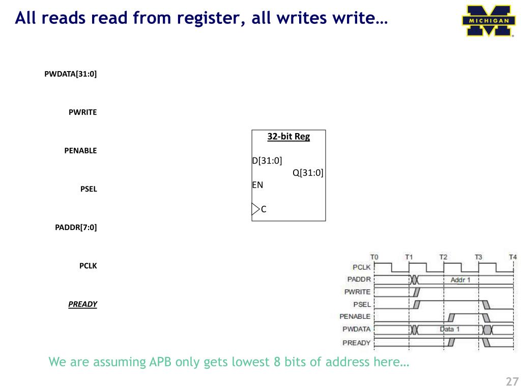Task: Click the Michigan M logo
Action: (487, 21)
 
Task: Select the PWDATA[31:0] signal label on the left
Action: (71, 74)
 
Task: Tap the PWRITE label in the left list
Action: (82, 112)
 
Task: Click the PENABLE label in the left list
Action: (80, 151)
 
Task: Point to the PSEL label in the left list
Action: (89, 189)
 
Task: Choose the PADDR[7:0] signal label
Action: (76, 227)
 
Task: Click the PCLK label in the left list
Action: (88, 266)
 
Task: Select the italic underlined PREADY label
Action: (82, 304)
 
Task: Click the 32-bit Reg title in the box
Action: (288, 137)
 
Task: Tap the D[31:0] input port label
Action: (267, 161)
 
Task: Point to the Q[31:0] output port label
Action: (308, 173)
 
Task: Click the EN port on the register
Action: (258, 185)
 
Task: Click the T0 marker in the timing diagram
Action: (374, 257)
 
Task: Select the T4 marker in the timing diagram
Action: (513, 257)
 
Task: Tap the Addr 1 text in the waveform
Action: (460, 280)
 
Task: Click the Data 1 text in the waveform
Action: (450, 329)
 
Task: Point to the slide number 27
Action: (511, 382)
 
